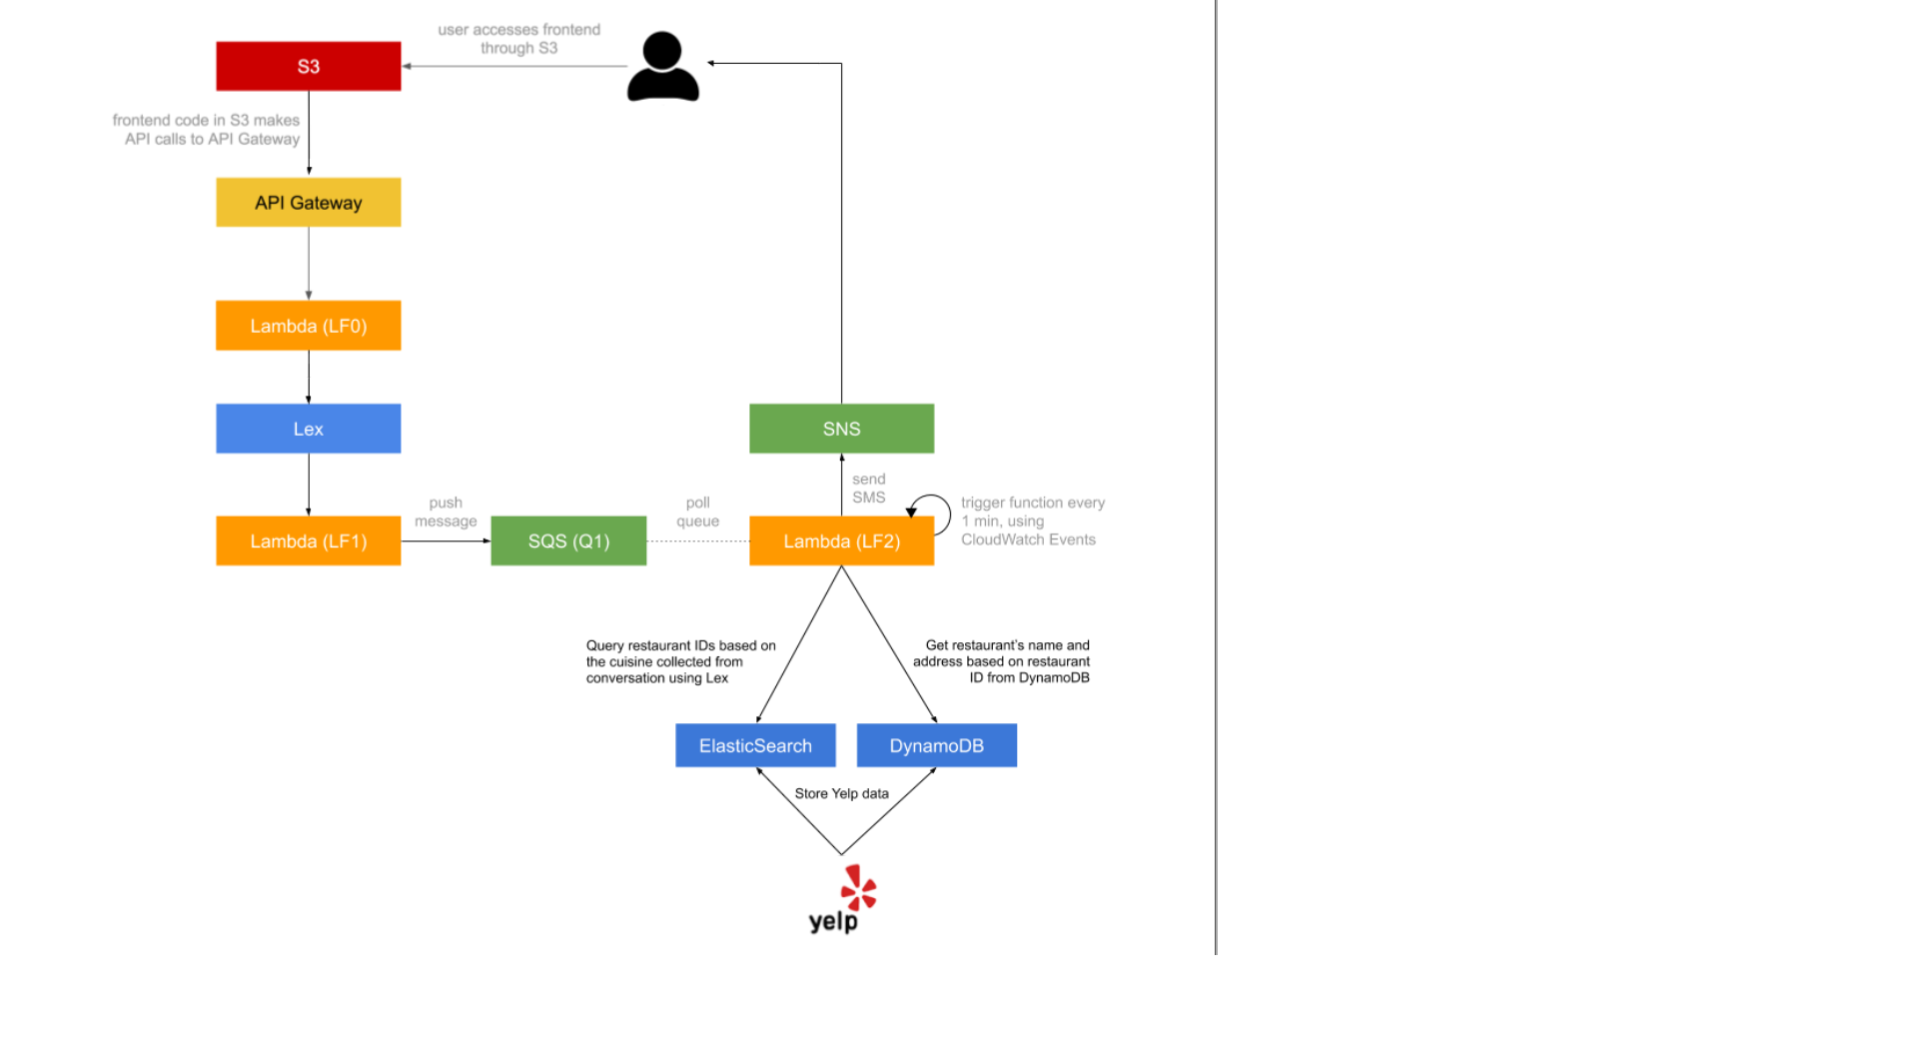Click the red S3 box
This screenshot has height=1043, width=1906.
(x=308, y=66)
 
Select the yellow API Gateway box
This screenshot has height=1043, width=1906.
(x=308, y=202)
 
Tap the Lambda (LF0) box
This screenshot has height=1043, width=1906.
(x=308, y=326)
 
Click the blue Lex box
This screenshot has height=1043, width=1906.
(x=308, y=429)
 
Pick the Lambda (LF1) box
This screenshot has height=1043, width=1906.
(x=308, y=540)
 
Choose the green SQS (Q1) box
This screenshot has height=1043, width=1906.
(x=568, y=540)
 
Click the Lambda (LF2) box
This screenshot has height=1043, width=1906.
(x=841, y=540)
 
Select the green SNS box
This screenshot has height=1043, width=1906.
(x=841, y=429)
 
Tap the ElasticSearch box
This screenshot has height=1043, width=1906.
(x=755, y=745)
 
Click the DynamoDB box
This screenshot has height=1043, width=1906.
(x=936, y=745)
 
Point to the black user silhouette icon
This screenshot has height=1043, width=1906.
(x=662, y=67)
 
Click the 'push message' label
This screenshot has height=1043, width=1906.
(x=446, y=512)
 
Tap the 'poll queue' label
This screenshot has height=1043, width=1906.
(x=697, y=512)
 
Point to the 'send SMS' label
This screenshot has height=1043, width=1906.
(x=868, y=488)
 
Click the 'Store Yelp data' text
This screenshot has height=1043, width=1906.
(x=841, y=793)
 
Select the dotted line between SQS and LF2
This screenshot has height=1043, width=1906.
(x=697, y=540)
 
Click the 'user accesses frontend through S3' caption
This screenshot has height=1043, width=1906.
(x=518, y=39)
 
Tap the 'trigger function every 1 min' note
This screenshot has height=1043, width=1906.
(x=1032, y=521)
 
